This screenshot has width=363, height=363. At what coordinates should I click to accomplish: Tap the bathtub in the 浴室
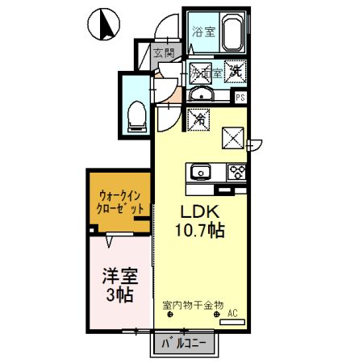pos(233,35)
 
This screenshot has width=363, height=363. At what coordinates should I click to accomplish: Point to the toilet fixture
pos(136,114)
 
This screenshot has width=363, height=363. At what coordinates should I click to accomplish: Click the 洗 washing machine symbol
pos(236,70)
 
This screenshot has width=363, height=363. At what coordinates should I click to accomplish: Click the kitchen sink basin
pos(199,172)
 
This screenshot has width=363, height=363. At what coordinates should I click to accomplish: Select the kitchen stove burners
pos(236,171)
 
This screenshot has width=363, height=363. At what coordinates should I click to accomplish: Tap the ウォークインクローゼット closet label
pos(121,201)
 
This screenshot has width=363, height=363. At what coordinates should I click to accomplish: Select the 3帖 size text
pos(119,294)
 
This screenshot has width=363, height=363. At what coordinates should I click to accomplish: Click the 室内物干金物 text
pos(194,305)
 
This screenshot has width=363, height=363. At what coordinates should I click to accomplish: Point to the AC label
pos(232,312)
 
